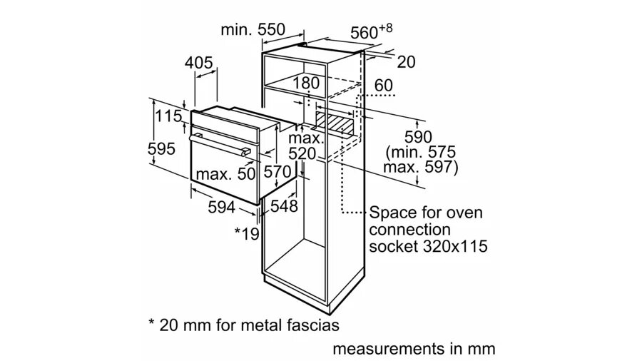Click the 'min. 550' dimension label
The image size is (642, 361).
253,29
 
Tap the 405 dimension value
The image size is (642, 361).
198,63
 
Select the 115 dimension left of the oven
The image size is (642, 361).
168,116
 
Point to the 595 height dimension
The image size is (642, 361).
161,148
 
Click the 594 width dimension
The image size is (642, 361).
222,207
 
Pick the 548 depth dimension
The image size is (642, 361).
284,206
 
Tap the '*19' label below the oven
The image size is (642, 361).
247,233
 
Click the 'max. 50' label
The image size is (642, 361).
225,174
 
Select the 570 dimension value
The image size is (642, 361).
277,171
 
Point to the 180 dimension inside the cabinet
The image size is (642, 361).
306,83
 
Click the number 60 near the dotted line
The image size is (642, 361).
384,85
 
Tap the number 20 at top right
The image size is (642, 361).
406,62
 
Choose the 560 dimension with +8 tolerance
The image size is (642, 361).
372,31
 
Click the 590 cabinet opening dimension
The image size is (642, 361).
418,137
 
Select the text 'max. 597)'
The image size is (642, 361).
420,167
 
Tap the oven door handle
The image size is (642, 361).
220,145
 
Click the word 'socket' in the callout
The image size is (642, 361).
392,246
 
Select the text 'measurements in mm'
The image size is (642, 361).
414,349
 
